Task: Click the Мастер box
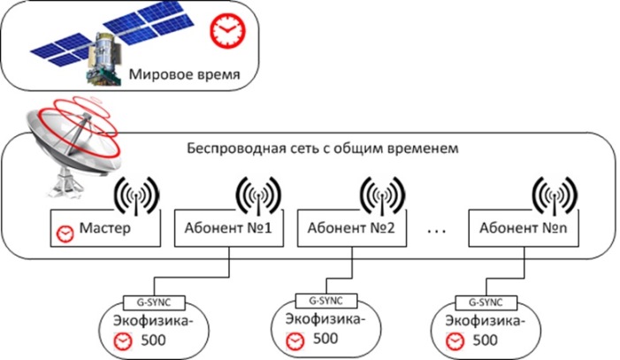(x=104, y=228)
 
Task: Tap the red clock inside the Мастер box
(x=65, y=233)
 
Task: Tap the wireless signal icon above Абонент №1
(x=258, y=194)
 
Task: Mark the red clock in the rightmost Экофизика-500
(x=455, y=341)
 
